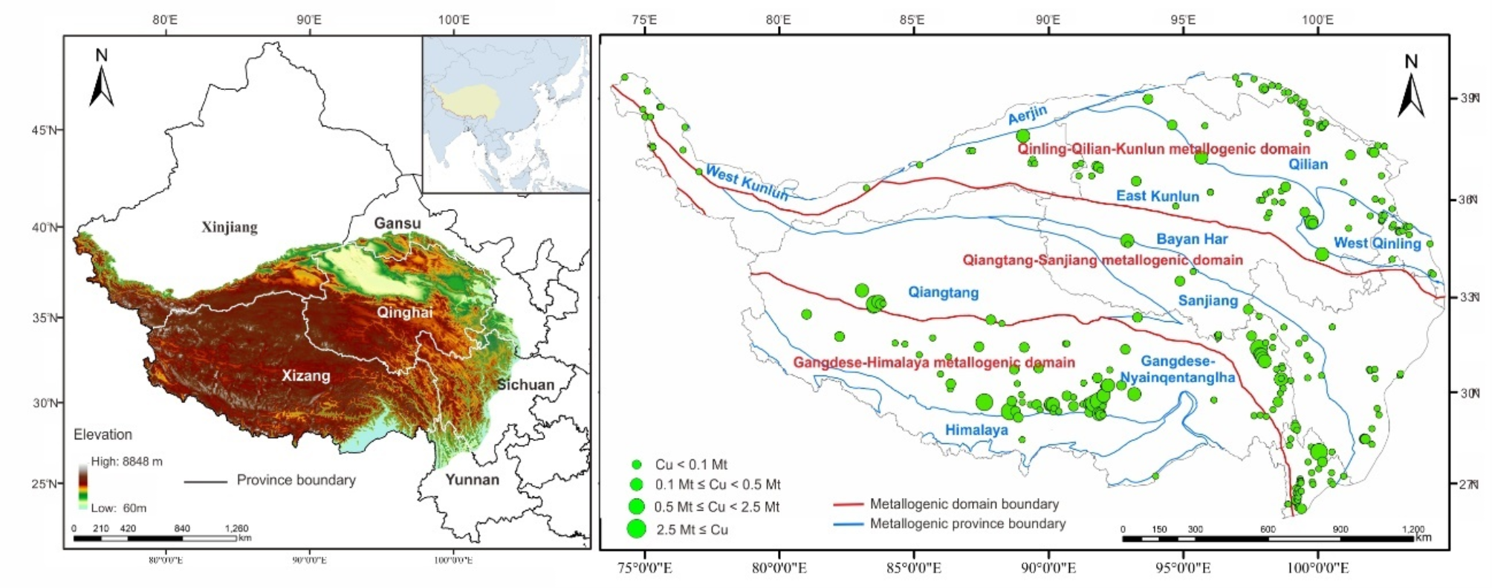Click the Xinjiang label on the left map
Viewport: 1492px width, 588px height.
[230, 227]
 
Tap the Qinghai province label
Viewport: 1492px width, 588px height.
[404, 312]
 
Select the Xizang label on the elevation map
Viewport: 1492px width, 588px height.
[305, 375]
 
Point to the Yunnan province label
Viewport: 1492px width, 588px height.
[472, 479]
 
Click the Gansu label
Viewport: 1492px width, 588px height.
[397, 223]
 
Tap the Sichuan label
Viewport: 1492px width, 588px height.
[525, 384]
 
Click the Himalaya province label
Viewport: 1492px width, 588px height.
[976, 430]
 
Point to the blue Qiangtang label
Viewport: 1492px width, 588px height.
[943, 292]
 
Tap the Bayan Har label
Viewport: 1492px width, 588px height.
[1192, 239]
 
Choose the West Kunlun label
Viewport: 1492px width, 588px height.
[746, 183]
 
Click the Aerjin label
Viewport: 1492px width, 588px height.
[1028, 115]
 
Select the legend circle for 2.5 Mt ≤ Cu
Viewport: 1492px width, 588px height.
[636, 529]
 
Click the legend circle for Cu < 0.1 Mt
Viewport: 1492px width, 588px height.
[636, 465]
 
